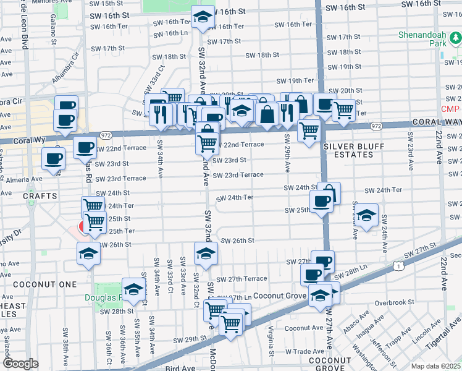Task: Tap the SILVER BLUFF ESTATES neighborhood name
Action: [353, 151]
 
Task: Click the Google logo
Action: [20, 364]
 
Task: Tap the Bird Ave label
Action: [180, 368]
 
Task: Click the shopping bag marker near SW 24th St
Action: [329, 192]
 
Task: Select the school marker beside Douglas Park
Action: [133, 290]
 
